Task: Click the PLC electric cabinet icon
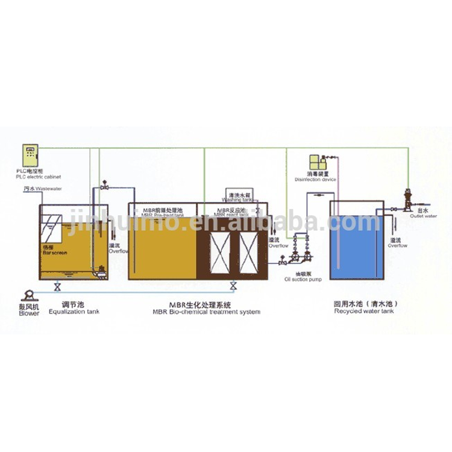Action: click(30, 156)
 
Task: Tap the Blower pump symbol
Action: click(27, 295)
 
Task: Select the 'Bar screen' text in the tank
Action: click(53, 254)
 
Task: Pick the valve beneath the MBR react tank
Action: click(232, 285)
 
